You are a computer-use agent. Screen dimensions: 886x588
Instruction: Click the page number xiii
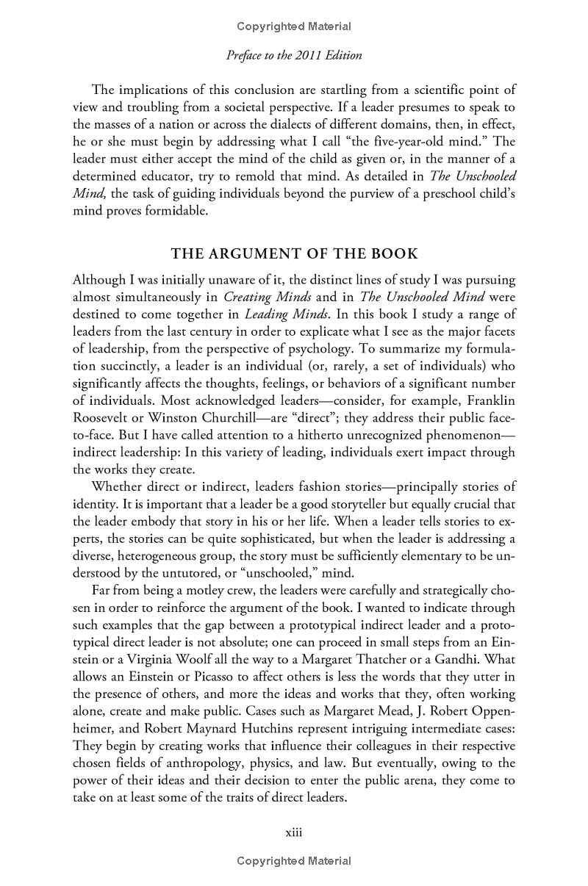294,833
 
